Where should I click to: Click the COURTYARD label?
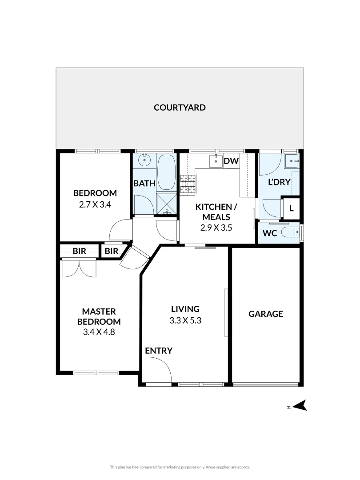180,107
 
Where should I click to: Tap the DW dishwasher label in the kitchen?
231,161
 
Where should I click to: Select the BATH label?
144,183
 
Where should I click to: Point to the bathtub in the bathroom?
167,172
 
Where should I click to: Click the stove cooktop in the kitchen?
188,184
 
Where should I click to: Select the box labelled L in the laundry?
291,208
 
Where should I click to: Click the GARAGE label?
265,314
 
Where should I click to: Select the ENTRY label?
159,351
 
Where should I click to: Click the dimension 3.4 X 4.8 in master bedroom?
99,332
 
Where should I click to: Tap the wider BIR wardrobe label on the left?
79,251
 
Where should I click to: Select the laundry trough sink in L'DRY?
292,160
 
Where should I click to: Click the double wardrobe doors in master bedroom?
79,268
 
